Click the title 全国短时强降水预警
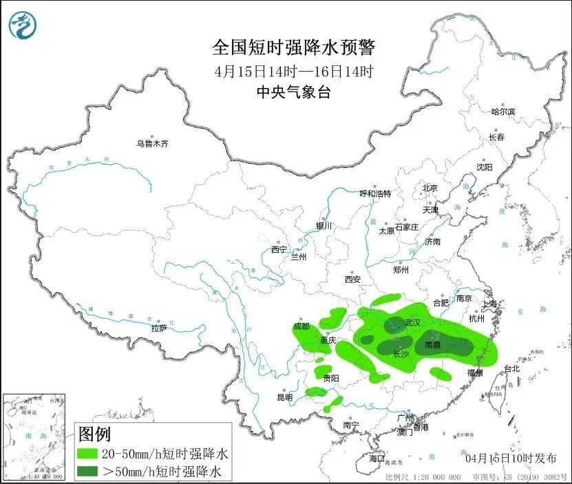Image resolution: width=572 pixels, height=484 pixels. pyautogui.click(x=294, y=48)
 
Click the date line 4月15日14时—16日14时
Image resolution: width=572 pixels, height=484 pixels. pyautogui.click(x=294, y=71)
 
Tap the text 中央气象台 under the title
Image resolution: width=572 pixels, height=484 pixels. pyautogui.click(x=293, y=92)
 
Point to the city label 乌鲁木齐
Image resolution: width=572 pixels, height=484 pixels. pyautogui.click(x=151, y=144)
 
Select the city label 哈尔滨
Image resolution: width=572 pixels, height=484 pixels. pyautogui.click(x=503, y=112)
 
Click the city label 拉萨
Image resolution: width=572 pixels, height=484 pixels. pyautogui.click(x=159, y=328)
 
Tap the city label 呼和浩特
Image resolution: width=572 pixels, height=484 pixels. pyautogui.click(x=375, y=193)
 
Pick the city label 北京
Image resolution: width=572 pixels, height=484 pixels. pyautogui.click(x=430, y=188)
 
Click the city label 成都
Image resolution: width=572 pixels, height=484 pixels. pyautogui.click(x=301, y=326)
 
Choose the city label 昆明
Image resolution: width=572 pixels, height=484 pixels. pyautogui.click(x=284, y=397)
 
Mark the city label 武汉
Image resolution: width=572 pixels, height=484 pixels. pyautogui.click(x=412, y=323)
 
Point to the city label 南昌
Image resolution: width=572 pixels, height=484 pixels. pyautogui.click(x=433, y=344)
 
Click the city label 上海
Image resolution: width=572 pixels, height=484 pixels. pyautogui.click(x=490, y=304)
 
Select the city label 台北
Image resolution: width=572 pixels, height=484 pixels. pyautogui.click(x=511, y=368)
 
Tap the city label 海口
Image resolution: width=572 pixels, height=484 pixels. pyautogui.click(x=376, y=458)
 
